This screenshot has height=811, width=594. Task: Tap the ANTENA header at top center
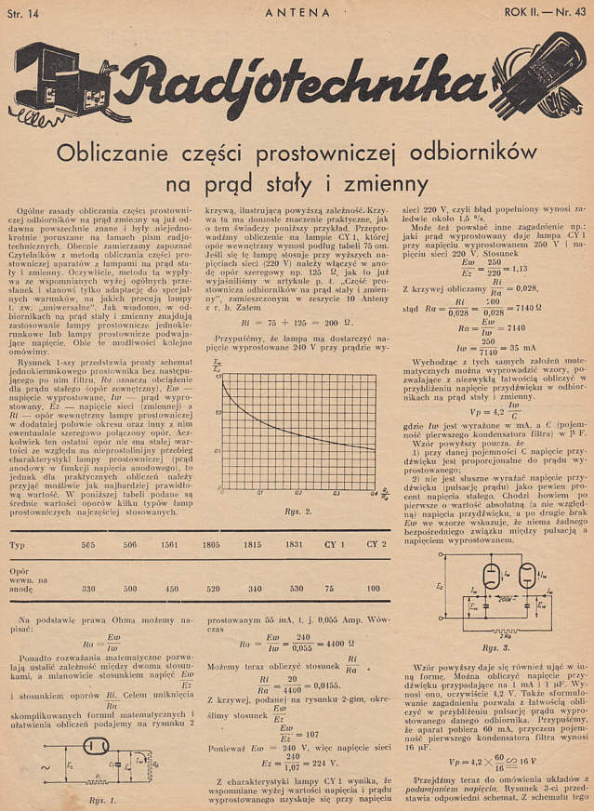(x=297, y=12)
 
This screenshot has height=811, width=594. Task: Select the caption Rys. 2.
(x=297, y=509)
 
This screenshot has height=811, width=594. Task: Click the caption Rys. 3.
(x=495, y=646)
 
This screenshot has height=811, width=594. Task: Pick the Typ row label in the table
(x=18, y=544)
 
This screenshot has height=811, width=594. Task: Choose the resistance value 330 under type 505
(x=89, y=589)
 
